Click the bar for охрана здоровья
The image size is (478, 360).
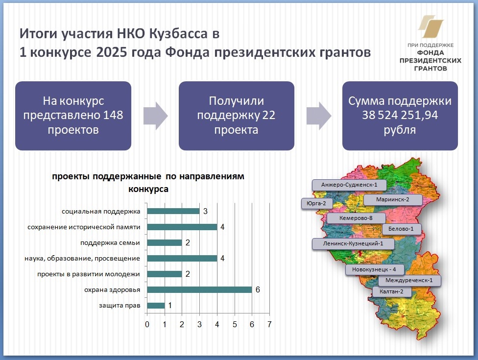pos(199,289)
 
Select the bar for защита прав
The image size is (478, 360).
pos(156,306)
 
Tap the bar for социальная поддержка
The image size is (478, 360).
pos(173,211)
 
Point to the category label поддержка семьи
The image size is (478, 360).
pos(110,242)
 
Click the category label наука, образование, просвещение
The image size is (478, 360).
pos(82,259)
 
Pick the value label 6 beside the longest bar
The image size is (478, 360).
pos(258,289)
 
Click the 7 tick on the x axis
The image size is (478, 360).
pos(269,324)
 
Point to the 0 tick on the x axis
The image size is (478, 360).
pos(147,324)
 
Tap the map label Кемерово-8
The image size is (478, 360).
pos(356,218)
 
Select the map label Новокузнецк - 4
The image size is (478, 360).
pos(374,269)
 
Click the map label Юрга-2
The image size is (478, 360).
pos(316,203)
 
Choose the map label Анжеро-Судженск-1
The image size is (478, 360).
pos(349,185)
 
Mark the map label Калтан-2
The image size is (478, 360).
pos(391,291)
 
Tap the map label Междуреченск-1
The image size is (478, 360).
pos(409,281)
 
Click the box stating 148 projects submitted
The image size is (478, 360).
pos(73,116)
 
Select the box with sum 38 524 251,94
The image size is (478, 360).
pos(400,116)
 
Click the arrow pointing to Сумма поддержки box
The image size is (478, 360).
pos(318,116)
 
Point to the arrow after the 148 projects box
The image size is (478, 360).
pos(155,116)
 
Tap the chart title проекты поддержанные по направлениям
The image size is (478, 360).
pos(148,176)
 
